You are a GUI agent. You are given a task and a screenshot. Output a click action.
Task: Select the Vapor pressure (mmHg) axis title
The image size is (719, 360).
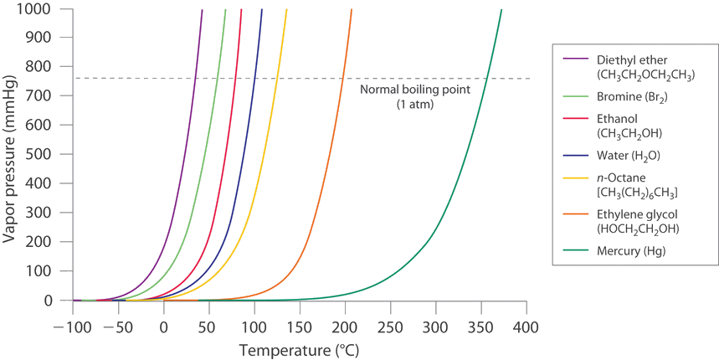(x=12, y=155)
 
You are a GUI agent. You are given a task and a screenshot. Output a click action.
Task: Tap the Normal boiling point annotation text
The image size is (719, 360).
(x=416, y=96)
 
